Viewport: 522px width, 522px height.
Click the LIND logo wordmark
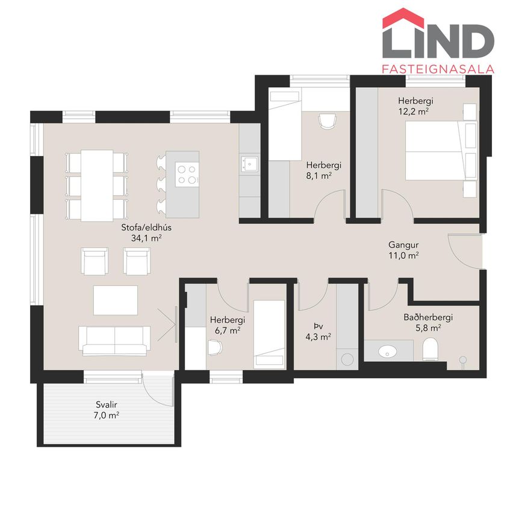438,33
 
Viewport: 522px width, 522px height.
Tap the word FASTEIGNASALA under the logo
438,69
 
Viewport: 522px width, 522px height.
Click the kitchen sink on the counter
250,164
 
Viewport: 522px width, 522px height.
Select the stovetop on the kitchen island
187,175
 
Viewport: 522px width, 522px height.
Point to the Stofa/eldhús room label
146,228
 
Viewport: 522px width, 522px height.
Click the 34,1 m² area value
146,238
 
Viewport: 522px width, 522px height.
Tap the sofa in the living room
114,341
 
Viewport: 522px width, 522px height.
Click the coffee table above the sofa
115,300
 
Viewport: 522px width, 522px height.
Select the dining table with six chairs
96,185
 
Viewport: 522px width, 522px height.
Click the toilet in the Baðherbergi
430,349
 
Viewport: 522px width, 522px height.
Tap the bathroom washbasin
388,351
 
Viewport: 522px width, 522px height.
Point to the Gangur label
403,244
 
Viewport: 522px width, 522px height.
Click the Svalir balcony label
107,405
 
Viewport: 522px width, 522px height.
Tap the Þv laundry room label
318,326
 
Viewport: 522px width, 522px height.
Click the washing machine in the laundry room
347,359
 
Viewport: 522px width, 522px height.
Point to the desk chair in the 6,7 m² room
214,347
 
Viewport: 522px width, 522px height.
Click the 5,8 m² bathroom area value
428,328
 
